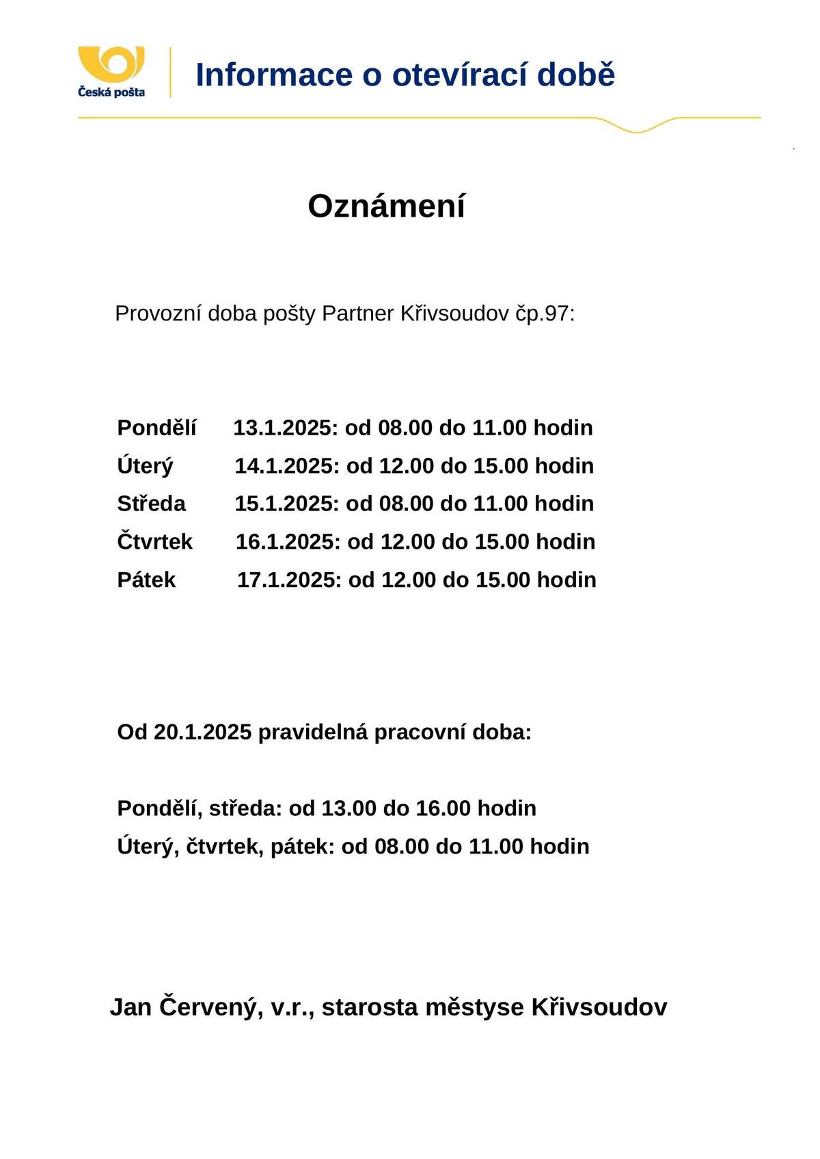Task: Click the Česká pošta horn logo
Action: (111, 64)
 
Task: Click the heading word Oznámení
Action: (386, 206)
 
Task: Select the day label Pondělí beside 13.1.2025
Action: (156, 428)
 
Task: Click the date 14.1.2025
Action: (286, 466)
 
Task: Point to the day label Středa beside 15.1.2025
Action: (151, 504)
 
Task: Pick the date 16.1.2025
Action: (288, 542)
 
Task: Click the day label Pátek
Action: (146, 580)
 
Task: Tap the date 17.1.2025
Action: (289, 580)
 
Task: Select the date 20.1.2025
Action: (203, 733)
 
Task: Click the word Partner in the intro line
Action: (357, 314)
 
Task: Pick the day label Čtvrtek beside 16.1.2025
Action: (155, 542)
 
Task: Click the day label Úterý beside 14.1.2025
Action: (145, 466)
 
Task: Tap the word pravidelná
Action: (313, 733)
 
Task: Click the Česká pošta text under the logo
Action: (111, 92)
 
